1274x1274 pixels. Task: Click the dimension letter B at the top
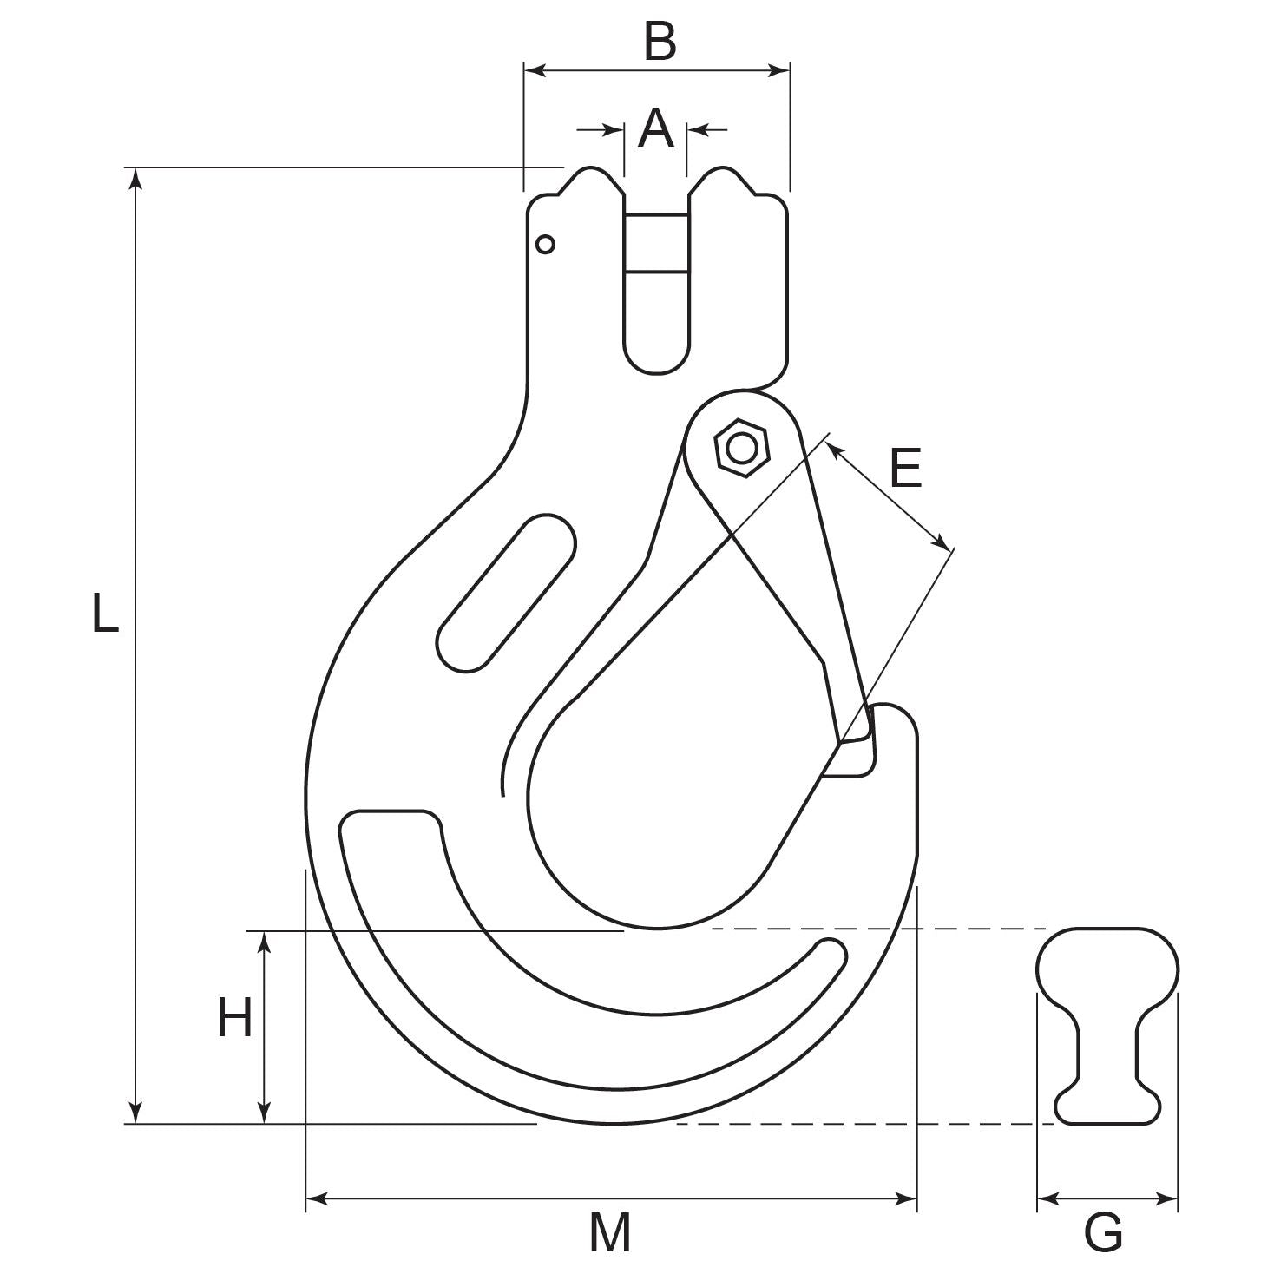tap(660, 42)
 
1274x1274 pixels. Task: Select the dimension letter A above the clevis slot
tap(655, 129)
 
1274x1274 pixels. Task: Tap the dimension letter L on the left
tap(105, 612)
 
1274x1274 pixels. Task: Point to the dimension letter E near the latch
tap(905, 469)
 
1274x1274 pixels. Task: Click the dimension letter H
tap(234, 1018)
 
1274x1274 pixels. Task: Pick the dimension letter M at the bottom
tap(610, 1231)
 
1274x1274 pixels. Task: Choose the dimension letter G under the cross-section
tap(1104, 1231)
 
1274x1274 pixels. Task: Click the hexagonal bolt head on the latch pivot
tap(741, 449)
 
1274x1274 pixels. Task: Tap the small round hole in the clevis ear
tap(545, 245)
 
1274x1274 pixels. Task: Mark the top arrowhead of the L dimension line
tap(135, 177)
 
